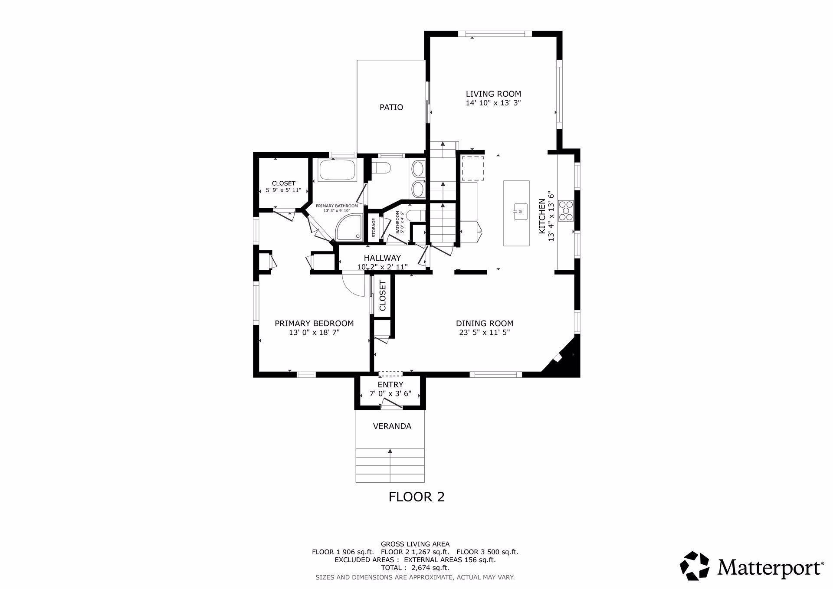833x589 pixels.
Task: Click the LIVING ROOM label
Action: tap(493, 94)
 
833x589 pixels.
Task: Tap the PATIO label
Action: tap(391, 107)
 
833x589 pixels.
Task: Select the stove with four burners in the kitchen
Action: tap(566, 210)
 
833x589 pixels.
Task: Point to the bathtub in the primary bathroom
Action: tap(338, 170)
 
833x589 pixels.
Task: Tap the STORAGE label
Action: tap(374, 228)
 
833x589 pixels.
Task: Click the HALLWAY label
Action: tap(382, 258)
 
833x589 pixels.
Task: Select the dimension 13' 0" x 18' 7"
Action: tap(314, 333)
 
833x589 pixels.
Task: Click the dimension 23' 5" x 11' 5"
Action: tap(484, 333)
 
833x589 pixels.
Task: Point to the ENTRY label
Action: tap(390, 385)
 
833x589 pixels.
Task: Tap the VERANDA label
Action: tap(392, 426)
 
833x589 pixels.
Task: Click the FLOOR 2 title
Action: tap(416, 497)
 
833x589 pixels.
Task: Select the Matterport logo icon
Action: tap(694, 566)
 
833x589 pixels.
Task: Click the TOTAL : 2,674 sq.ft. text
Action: tap(415, 567)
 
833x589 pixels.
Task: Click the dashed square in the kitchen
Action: tap(472, 168)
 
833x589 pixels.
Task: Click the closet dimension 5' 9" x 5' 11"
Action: tap(283, 190)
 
